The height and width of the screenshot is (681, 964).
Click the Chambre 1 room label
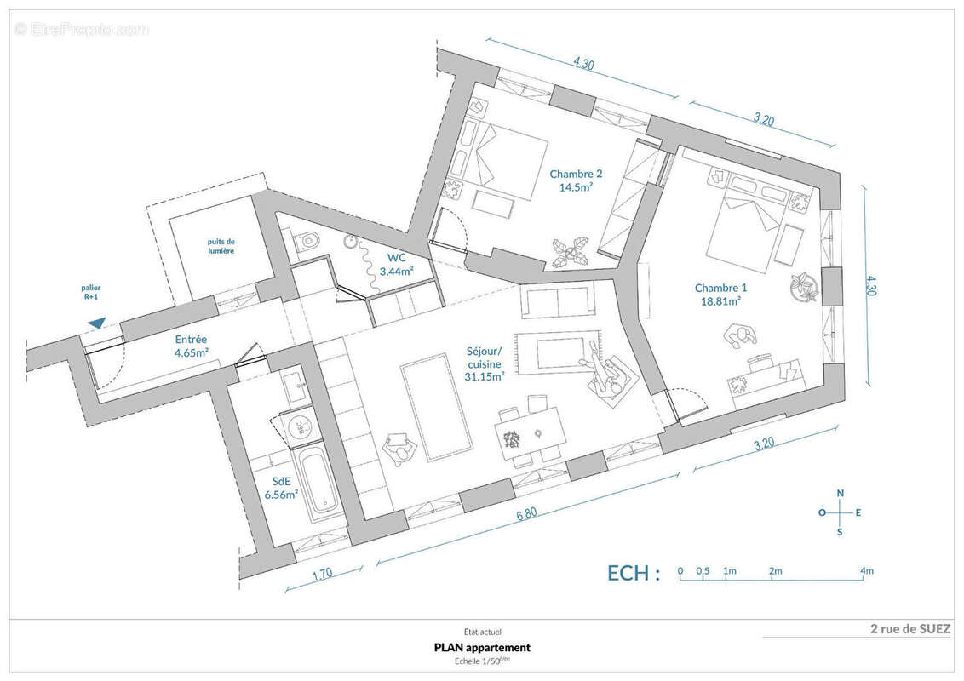720,295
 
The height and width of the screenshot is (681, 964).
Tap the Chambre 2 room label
576,180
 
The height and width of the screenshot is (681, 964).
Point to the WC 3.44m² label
396,264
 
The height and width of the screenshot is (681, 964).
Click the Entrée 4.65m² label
191,346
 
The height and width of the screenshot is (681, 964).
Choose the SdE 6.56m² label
282,488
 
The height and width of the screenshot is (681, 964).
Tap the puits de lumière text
221,247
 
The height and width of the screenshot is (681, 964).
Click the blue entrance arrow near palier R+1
96,323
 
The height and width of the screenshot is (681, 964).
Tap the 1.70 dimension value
322,574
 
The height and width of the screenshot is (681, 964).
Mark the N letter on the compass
841,493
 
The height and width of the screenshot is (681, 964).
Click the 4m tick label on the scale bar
867,571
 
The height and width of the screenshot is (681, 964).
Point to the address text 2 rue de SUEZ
910,629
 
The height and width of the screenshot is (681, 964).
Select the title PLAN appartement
482,647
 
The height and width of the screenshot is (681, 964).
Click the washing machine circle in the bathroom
297,428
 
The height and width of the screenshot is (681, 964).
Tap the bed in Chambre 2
506,162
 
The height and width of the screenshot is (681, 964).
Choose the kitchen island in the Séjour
437,406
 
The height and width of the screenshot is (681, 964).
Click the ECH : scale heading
634,573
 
